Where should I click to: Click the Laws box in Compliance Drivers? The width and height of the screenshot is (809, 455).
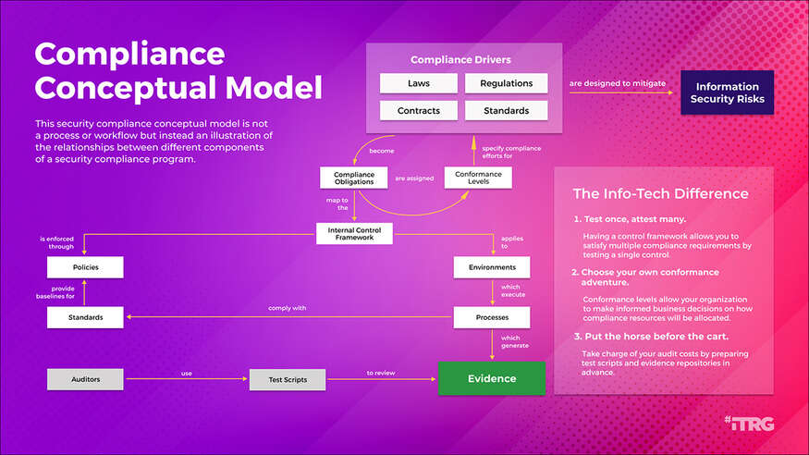click(419, 83)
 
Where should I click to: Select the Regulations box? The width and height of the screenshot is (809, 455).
click(506, 83)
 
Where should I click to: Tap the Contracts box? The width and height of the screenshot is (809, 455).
click(419, 111)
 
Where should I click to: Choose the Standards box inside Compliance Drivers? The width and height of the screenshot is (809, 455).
click(506, 111)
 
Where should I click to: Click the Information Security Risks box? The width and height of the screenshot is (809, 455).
click(727, 92)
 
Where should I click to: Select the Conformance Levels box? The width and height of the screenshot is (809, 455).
click(479, 177)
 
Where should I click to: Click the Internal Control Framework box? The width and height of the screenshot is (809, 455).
click(354, 233)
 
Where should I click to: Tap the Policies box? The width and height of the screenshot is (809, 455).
click(85, 267)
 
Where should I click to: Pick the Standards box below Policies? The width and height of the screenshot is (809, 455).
click(85, 318)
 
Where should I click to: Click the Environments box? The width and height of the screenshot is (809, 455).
click(492, 267)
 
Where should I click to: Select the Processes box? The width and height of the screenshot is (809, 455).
click(492, 318)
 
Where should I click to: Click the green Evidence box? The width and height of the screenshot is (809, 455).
click(491, 378)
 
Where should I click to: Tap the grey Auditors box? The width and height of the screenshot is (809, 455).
click(85, 378)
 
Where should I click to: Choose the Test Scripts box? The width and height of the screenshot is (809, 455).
click(288, 378)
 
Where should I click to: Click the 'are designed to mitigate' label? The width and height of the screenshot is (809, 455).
click(617, 83)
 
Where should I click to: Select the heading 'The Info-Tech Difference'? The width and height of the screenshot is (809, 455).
click(660, 194)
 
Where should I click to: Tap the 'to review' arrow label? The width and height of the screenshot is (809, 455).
click(381, 373)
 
